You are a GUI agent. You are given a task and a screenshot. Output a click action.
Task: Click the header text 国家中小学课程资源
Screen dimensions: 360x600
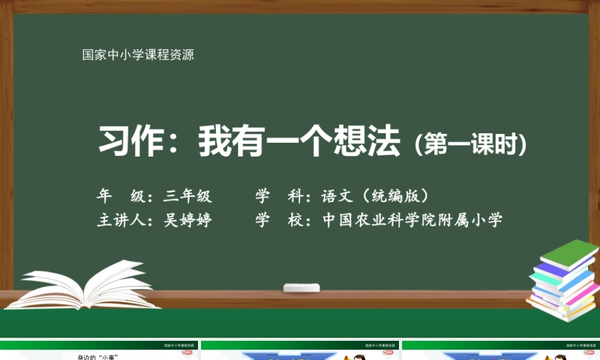[138, 55]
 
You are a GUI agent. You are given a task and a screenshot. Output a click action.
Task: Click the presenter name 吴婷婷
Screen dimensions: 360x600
[188, 220]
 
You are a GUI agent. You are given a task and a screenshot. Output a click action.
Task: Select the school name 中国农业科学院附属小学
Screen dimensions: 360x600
[412, 220]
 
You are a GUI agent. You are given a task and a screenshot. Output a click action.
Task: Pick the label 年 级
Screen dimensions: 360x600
[120, 196]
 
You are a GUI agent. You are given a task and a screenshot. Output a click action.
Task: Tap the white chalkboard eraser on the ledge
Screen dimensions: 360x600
[301, 287]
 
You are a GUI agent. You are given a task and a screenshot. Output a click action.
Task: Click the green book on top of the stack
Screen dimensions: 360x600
[569, 253]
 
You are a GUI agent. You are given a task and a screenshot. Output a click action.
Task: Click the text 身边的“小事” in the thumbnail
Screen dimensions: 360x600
[97, 357]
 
